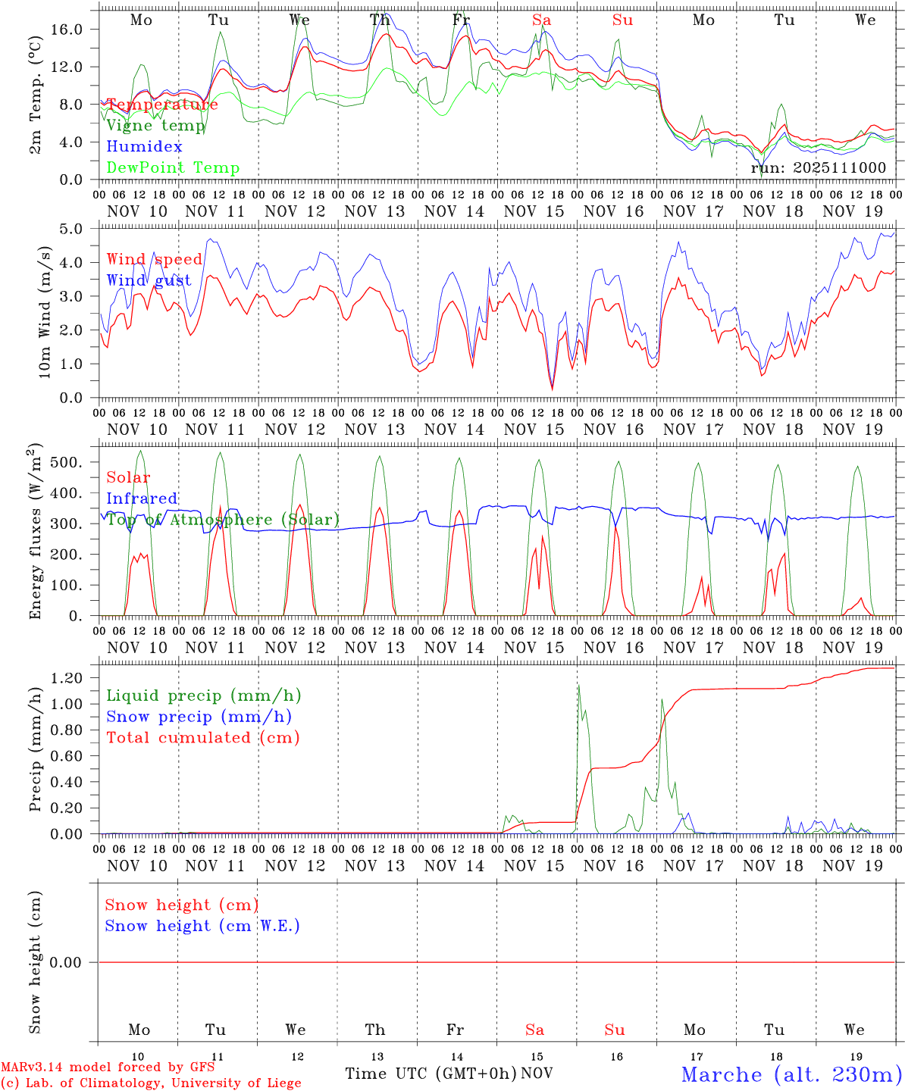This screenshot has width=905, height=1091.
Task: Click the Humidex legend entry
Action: point(144,147)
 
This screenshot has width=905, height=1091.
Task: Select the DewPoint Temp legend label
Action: point(173,168)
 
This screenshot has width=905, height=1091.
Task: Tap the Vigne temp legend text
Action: point(155,126)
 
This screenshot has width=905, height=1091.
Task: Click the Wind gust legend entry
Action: point(149,280)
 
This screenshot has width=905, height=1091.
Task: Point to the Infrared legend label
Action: point(142,499)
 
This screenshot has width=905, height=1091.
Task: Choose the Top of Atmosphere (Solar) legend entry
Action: point(223,520)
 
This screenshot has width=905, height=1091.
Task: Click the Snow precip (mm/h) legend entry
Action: point(199,717)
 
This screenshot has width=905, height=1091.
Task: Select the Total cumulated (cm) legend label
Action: point(202,738)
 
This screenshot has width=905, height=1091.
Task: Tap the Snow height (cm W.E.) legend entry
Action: point(202,926)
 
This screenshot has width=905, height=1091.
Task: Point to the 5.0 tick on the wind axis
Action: point(77,229)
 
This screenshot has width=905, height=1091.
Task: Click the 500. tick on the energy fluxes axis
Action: point(73,462)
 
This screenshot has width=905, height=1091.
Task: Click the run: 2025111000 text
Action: point(819,168)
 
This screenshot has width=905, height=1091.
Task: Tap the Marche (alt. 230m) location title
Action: point(791,1075)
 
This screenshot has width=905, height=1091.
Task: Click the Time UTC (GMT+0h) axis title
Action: point(431,1074)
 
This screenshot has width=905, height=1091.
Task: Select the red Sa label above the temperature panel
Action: point(541,20)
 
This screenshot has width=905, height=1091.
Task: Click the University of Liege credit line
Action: point(151,1083)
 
